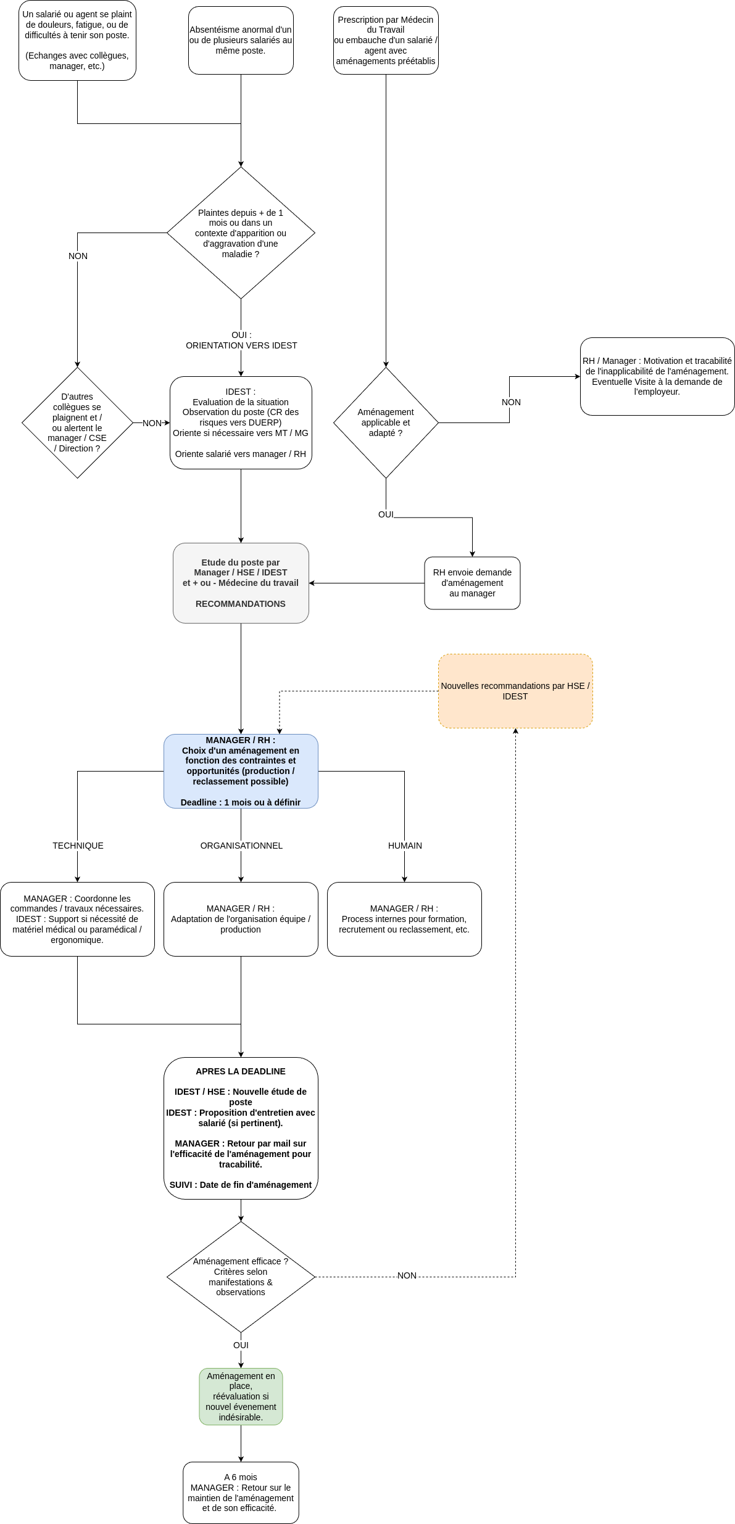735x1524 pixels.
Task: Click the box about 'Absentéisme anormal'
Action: click(241, 40)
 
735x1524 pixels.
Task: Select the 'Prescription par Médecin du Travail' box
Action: click(386, 40)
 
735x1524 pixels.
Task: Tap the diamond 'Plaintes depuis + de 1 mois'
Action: click(241, 233)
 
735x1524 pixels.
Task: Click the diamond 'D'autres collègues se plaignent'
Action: click(77, 422)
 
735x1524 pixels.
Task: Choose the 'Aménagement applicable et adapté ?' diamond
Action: click(386, 422)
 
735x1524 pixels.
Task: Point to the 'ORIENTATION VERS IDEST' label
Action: click(241, 345)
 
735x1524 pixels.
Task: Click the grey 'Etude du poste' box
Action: click(241, 583)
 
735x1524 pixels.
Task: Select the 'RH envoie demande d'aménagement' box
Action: click(472, 583)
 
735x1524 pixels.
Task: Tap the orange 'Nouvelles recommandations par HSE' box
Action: click(515, 691)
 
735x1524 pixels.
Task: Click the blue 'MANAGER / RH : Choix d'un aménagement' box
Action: click(241, 771)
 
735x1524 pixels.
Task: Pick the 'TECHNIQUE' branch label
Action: click(78, 846)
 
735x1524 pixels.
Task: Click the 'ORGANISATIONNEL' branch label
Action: click(241, 846)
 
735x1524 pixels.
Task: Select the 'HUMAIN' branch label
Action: click(405, 846)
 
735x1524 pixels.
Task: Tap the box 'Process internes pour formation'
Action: click(404, 919)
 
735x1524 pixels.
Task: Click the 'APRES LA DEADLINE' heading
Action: click(241, 1071)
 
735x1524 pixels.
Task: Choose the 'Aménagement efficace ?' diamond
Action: click(241, 1277)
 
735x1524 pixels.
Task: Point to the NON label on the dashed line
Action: click(407, 1275)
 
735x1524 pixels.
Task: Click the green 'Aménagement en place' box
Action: click(241, 1396)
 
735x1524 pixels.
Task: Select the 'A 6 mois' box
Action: click(241, 1493)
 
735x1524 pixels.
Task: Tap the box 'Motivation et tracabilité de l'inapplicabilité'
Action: click(657, 376)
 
